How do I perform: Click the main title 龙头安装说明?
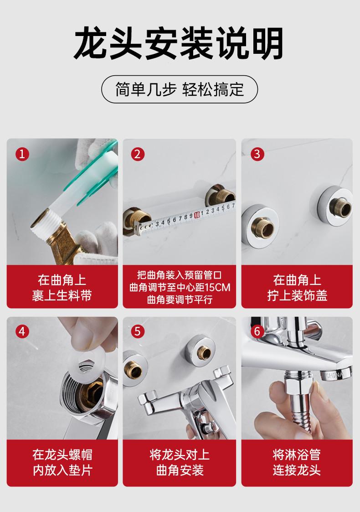pos(179,43)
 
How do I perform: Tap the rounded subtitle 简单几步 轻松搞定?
pos(180,89)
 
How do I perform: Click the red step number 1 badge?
pos(22,154)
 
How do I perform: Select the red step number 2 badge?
pos(138,154)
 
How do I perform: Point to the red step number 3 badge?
pos(257,154)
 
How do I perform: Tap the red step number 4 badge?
pos(22,331)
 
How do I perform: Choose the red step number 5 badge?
pos(138,331)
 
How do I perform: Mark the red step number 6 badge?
pos(257,331)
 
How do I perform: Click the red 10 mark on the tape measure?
pos(196,215)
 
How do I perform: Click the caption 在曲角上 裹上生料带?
pos(62,288)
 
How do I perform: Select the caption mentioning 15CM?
pos(180,287)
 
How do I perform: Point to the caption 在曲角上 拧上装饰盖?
pos(297,288)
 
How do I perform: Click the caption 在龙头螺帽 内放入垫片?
pos(62,462)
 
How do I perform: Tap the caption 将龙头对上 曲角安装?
pos(180,462)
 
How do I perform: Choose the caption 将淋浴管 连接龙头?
pos(297,462)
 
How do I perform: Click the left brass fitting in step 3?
pos(263,226)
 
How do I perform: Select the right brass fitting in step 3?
pos(340,207)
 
